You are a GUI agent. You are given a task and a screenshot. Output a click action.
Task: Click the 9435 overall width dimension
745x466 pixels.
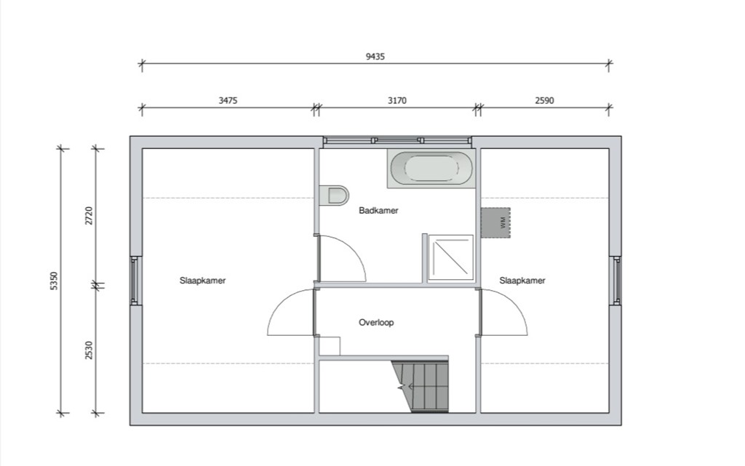click(x=375, y=56)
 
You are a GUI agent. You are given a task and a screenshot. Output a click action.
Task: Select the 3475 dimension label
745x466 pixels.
click(x=228, y=101)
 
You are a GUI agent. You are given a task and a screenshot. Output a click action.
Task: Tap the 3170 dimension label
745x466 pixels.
click(x=397, y=101)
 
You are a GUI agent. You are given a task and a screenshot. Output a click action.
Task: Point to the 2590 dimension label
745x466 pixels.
click(x=544, y=101)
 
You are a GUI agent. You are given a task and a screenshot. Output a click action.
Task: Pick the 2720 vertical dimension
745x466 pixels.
click(x=89, y=216)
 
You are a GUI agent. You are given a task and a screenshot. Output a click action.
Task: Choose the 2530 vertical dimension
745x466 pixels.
click(x=89, y=350)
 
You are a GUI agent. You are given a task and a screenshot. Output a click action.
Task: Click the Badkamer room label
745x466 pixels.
click(x=378, y=211)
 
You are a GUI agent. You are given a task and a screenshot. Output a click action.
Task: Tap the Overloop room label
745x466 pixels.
click(x=376, y=322)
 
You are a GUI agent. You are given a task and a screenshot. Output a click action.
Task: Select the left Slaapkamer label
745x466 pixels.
click(x=202, y=281)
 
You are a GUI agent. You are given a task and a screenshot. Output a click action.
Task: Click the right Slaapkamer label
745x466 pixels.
click(x=522, y=281)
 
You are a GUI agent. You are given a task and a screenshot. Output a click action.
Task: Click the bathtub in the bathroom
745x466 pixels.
click(x=431, y=169)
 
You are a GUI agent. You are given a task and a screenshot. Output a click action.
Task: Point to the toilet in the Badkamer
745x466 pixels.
click(x=335, y=196)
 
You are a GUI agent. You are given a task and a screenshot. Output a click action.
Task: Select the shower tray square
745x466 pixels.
click(x=450, y=257)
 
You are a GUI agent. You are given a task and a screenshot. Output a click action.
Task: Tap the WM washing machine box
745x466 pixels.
click(x=495, y=222)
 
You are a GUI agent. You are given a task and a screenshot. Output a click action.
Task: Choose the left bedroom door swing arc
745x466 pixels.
click(x=287, y=313)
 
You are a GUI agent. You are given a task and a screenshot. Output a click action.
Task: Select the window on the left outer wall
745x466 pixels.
click(x=135, y=281)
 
